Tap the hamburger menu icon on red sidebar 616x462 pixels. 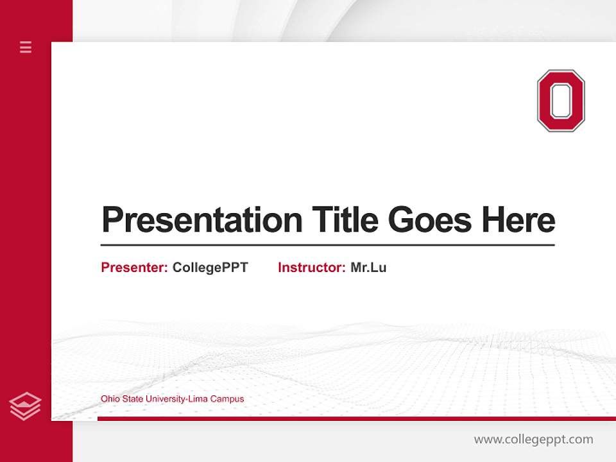click(x=26, y=47)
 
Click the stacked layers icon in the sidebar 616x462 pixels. click(x=26, y=406)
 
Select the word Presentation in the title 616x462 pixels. click(x=201, y=220)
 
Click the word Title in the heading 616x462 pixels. click(x=345, y=219)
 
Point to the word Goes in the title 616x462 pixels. click(x=431, y=220)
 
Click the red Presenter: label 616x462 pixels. click(x=134, y=268)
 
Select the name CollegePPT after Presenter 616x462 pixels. click(x=210, y=268)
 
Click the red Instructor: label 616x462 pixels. click(x=311, y=268)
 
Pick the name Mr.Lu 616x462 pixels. click(x=368, y=268)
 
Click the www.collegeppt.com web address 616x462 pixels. click(x=533, y=440)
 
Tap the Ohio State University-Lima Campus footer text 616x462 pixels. click(x=172, y=399)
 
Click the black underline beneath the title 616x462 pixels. click(x=327, y=244)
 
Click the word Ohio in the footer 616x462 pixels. click(x=109, y=399)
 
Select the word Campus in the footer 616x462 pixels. click(x=228, y=399)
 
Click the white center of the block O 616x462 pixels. click(x=561, y=101)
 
